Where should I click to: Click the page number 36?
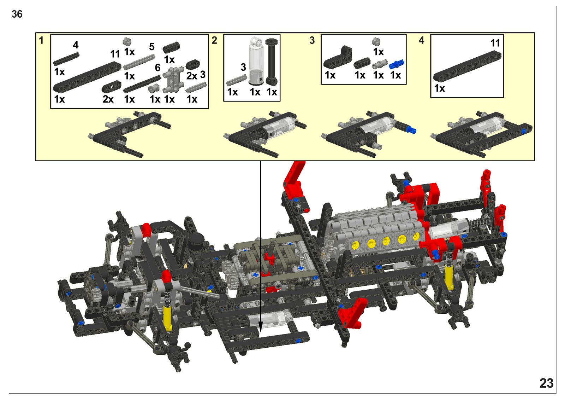pos(17,14)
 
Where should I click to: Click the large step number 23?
pos(546,383)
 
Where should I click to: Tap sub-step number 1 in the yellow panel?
pos(41,40)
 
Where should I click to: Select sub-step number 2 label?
pos(214,40)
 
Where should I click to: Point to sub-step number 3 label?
pos(312,40)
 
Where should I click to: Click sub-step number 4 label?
pos(421,40)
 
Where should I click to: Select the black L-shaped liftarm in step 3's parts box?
pos(338,57)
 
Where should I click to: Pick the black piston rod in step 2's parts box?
pos(272,62)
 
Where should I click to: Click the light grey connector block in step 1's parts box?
pos(173,79)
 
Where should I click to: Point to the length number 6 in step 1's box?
pos(157,68)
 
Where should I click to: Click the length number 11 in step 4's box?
pos(495,43)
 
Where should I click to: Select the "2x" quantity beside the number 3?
pos(192,76)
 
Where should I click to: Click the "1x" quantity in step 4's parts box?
pos(439,88)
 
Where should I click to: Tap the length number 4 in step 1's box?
pos(76,45)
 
